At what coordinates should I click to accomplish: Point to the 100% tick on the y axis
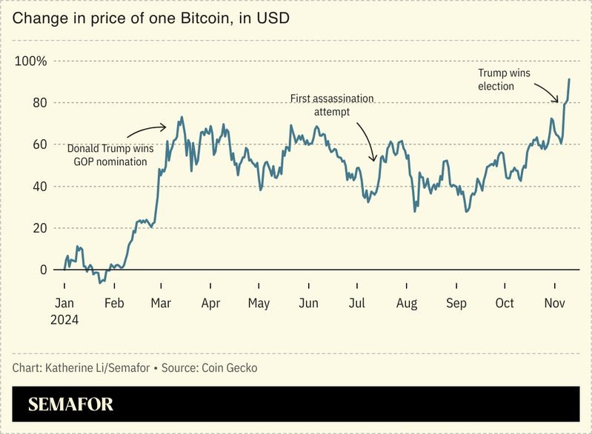point(30,61)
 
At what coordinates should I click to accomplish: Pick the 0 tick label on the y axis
point(42,270)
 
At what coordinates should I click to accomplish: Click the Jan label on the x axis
point(64,303)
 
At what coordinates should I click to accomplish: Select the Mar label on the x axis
point(161,303)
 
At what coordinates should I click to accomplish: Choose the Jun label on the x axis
point(308,303)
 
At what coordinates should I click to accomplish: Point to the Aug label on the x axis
point(407,303)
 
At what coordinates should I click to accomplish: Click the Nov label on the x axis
point(555,303)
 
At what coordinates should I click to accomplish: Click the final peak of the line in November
point(569,79)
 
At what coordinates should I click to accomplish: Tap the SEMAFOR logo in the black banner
point(71,405)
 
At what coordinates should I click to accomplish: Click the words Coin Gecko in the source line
point(229,368)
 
